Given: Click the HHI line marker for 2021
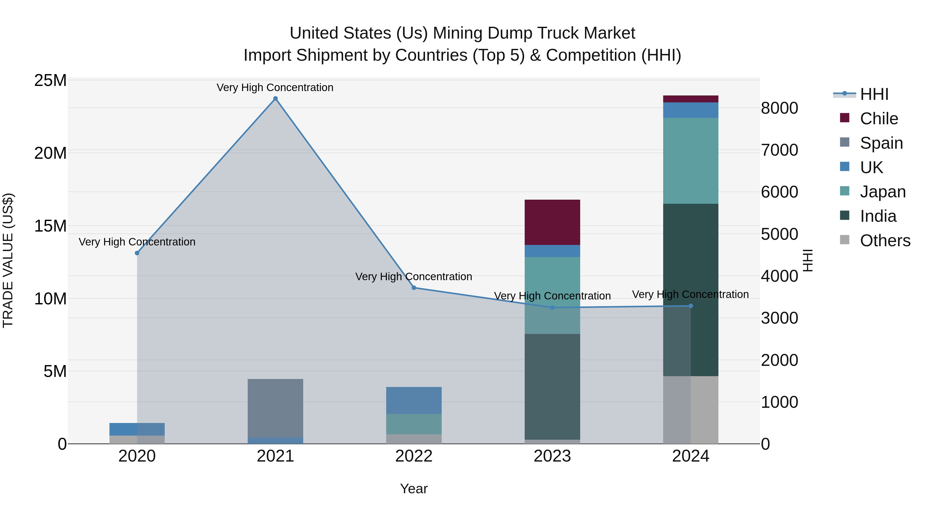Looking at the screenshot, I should tap(275, 99).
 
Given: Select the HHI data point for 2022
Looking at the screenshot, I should tap(414, 288).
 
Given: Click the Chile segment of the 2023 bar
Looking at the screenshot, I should tap(552, 222).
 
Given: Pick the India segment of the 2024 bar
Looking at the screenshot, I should tap(690, 290).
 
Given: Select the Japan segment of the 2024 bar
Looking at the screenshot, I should tap(690, 161).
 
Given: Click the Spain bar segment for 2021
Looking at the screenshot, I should tap(275, 408).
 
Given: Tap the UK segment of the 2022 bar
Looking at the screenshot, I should tap(414, 400).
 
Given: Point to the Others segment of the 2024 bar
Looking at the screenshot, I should tap(690, 410).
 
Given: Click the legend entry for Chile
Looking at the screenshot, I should tap(879, 119).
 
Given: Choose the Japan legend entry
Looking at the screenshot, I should tap(883, 192).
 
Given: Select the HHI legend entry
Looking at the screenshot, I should tap(874, 94).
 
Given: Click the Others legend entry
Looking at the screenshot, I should tap(885, 241).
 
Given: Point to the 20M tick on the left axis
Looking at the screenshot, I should tap(50, 153).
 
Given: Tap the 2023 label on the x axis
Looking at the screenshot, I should tap(552, 456).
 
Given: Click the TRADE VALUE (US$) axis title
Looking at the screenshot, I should tap(8, 260).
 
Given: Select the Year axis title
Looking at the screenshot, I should tap(414, 489).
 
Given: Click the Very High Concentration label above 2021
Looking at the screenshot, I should tap(275, 87).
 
